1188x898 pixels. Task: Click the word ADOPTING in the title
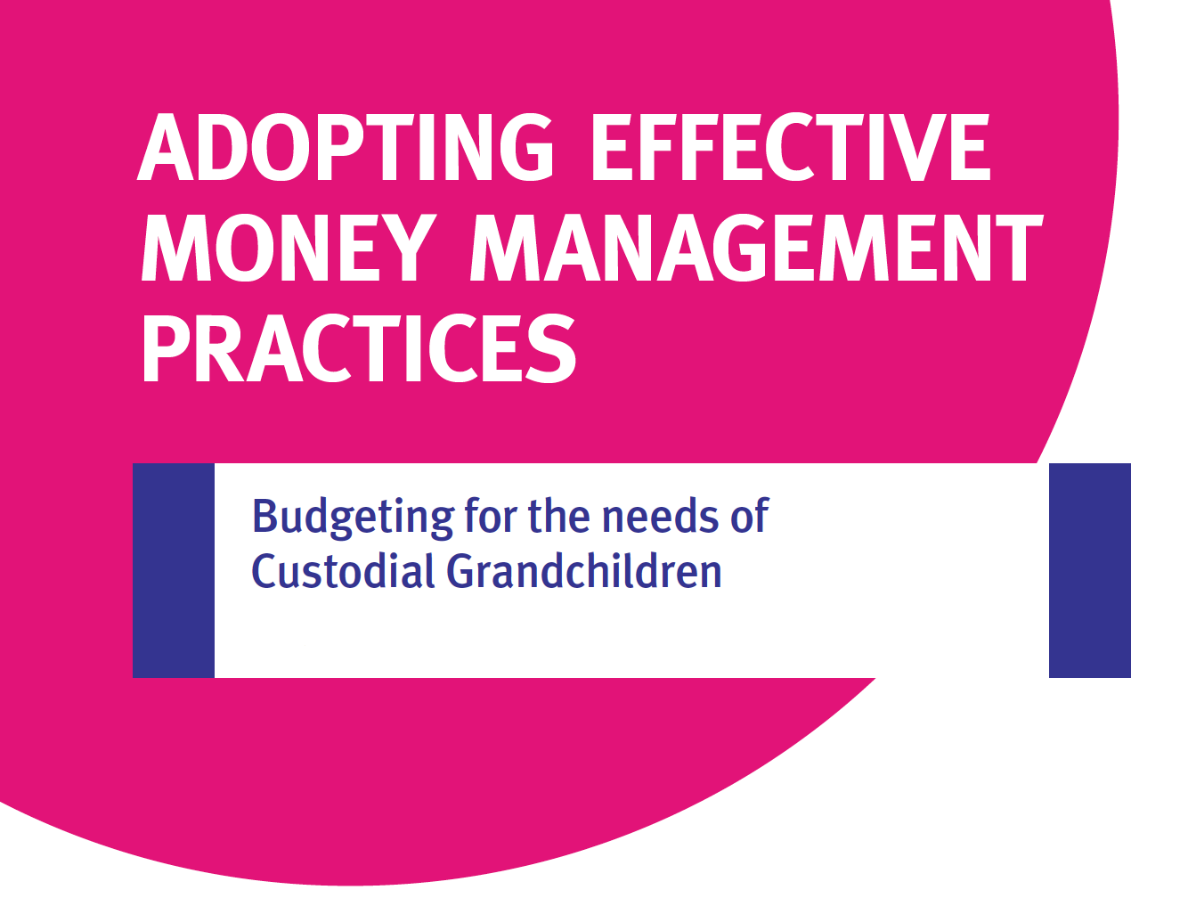pyautogui.click(x=346, y=147)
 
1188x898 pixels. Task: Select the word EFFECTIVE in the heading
pyautogui.click(x=792, y=147)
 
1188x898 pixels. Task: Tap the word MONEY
pyautogui.click(x=289, y=248)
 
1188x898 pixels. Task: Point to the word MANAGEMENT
pyautogui.click(x=757, y=248)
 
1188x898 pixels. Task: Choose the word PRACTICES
pyautogui.click(x=359, y=347)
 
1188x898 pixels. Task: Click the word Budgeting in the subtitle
pyautogui.click(x=353, y=518)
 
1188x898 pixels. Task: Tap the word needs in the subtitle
pyautogui.click(x=660, y=515)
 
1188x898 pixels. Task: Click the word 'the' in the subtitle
pyautogui.click(x=558, y=515)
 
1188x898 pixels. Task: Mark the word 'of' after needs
pyautogui.click(x=750, y=515)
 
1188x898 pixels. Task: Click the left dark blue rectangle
pyautogui.click(x=173, y=570)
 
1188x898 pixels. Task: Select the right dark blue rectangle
pyautogui.click(x=1089, y=570)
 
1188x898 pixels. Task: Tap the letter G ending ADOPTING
pyautogui.click(x=526, y=147)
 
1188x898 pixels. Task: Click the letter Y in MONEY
pyautogui.click(x=405, y=248)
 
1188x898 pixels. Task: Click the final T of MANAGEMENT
pyautogui.click(x=1019, y=248)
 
